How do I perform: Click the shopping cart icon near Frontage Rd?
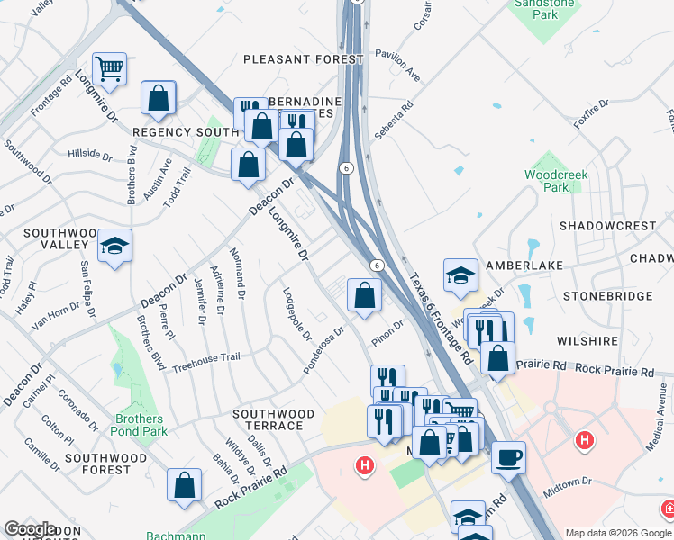[109, 68]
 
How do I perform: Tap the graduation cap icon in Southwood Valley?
[115, 247]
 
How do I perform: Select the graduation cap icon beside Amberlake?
[460, 275]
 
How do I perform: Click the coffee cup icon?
[508, 457]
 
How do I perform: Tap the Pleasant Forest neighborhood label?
[304, 59]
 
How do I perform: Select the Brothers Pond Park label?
[140, 425]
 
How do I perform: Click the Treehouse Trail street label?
[206, 358]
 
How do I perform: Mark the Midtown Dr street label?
[567, 486]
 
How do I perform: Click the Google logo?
[30, 529]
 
